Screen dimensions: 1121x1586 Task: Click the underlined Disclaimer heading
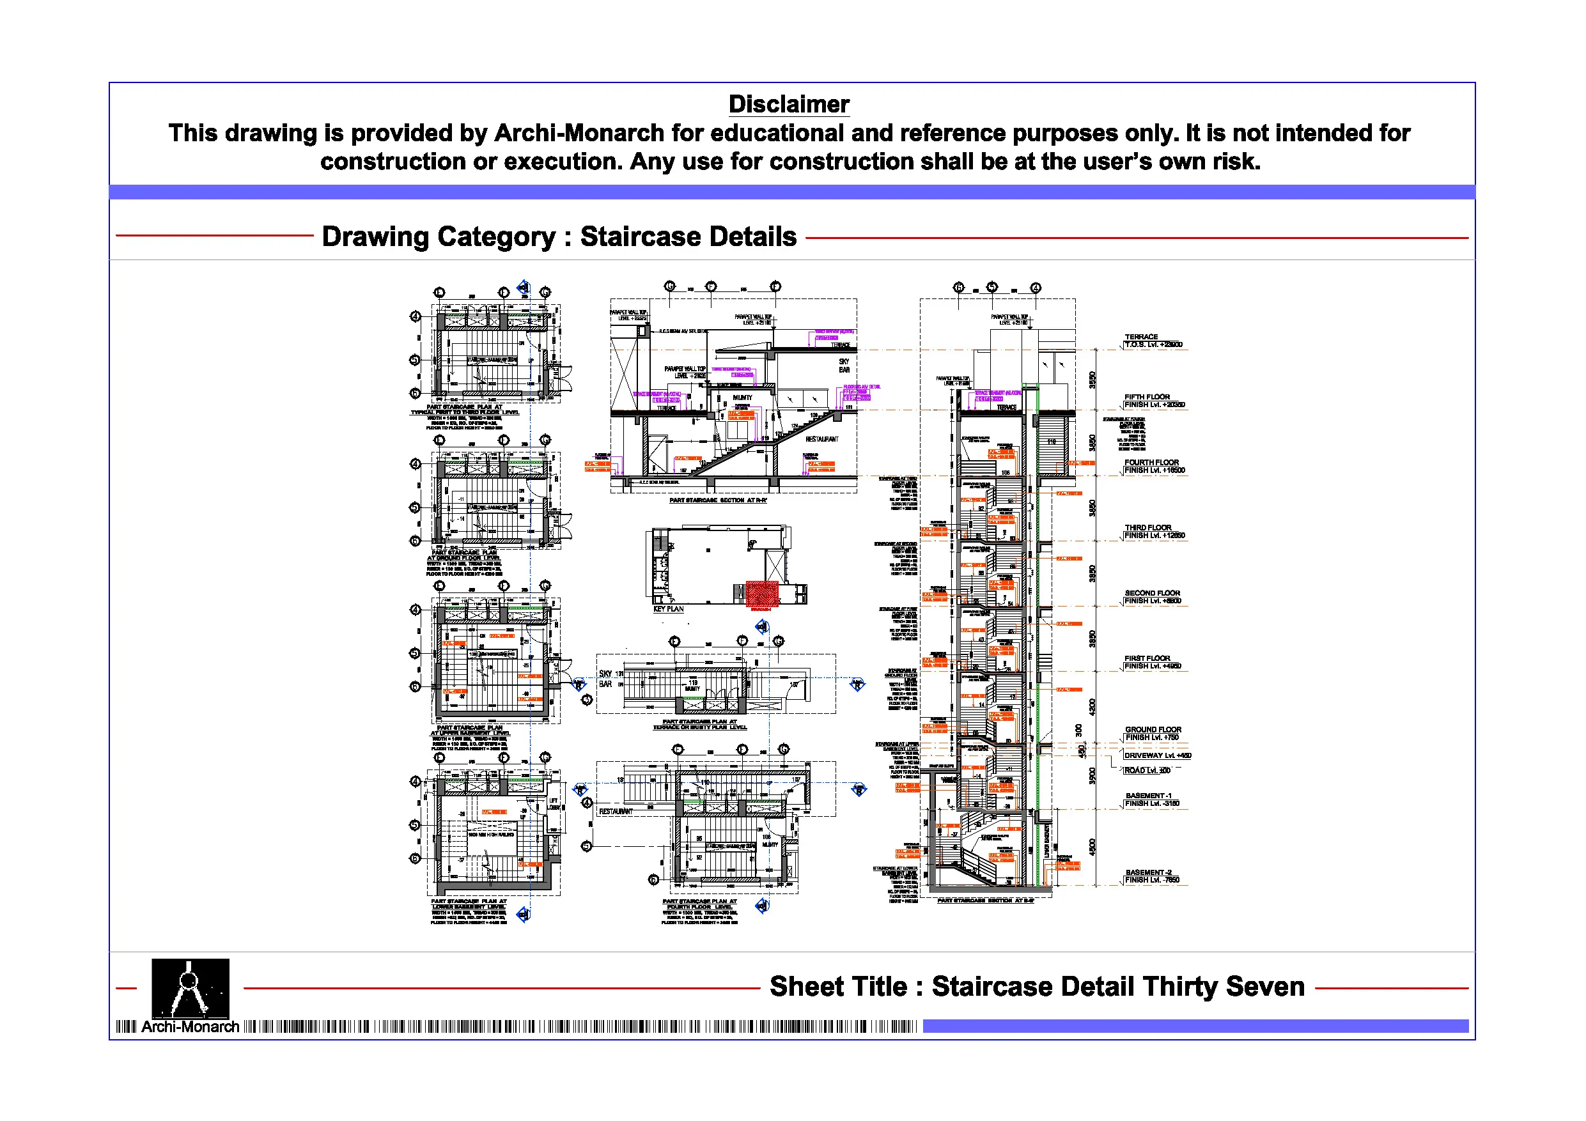tap(788, 104)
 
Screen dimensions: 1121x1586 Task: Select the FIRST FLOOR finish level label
tap(1152, 662)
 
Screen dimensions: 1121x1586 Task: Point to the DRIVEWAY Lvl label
tap(1157, 755)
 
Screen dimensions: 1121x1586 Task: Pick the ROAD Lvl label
tap(1147, 770)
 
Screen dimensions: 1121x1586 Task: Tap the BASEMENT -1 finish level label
tap(1151, 800)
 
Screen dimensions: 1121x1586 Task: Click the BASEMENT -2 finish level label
tap(1151, 876)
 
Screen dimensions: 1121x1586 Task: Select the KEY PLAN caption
tap(668, 609)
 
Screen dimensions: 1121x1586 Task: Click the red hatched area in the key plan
tap(762, 593)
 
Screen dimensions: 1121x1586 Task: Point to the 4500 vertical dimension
tap(1092, 847)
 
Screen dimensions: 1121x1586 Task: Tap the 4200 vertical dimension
tap(1092, 707)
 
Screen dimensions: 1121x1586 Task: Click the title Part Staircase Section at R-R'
tap(718, 500)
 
